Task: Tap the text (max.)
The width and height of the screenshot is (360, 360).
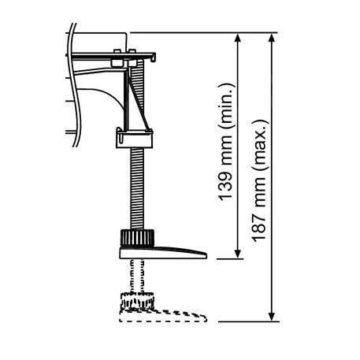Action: tap(261, 140)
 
